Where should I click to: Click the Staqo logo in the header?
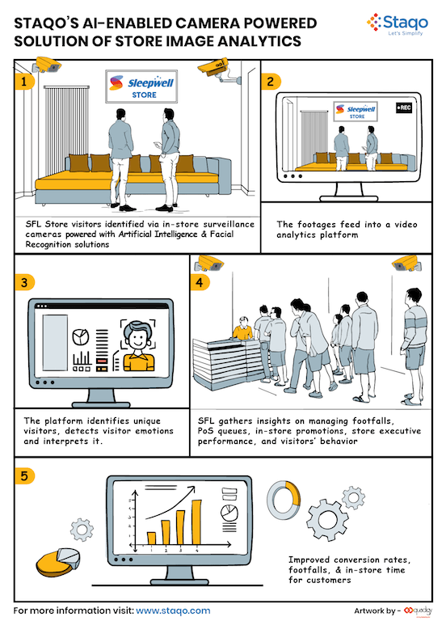398,24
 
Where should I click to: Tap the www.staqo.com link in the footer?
173,610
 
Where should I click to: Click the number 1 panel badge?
24,82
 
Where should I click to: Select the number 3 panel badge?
24,283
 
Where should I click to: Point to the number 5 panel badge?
24,475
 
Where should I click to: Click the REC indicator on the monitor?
404,108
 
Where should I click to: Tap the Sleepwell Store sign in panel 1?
141,87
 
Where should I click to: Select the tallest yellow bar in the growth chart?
196,522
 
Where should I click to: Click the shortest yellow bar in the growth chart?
151,538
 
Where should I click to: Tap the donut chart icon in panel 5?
284,499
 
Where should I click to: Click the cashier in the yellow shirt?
242,328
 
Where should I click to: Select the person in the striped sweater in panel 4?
414,347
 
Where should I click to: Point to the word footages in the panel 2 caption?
318,225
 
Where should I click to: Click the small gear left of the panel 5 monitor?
82,530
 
